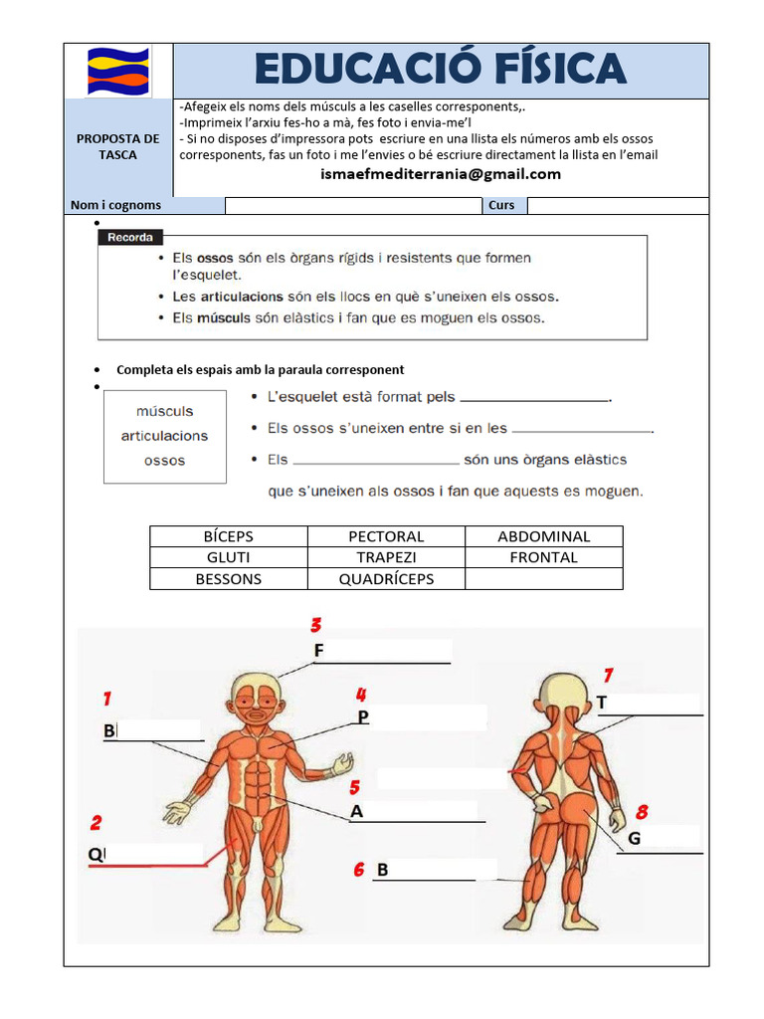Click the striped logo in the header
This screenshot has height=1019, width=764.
[x=118, y=71]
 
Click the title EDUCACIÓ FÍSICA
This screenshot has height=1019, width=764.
[x=441, y=69]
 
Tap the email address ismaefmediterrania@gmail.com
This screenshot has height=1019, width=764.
[x=441, y=174]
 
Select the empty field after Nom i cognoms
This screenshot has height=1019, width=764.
[x=353, y=206]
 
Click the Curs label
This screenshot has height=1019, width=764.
[x=502, y=206]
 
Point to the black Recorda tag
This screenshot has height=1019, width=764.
[x=129, y=238]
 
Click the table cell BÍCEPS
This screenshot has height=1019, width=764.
[x=229, y=536]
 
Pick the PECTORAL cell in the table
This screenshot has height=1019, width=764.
[x=386, y=536]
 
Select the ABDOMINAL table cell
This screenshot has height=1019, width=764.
[x=543, y=536]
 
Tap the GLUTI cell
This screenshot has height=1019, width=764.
[x=229, y=557]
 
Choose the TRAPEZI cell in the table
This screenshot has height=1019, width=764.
[x=386, y=557]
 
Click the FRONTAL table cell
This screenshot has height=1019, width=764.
[x=543, y=557]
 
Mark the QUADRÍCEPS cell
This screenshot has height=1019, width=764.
[x=386, y=579]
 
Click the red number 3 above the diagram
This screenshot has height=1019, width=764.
[x=315, y=626]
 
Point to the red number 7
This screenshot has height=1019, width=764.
[x=607, y=676]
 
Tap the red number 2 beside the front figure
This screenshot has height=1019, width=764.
[x=95, y=823]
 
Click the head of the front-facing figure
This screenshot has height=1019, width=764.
[x=258, y=701]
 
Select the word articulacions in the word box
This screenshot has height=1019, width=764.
[x=164, y=436]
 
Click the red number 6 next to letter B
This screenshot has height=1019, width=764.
[x=359, y=871]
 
